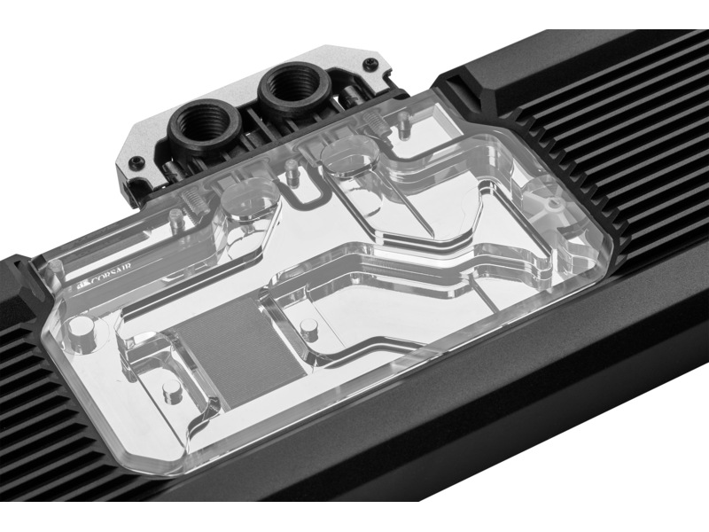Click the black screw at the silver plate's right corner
pyautogui.click(x=371, y=61)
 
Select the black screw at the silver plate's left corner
pyautogui.click(x=135, y=161)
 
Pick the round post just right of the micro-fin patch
pyautogui.click(x=309, y=331)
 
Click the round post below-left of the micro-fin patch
pyautogui.click(x=170, y=391)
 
